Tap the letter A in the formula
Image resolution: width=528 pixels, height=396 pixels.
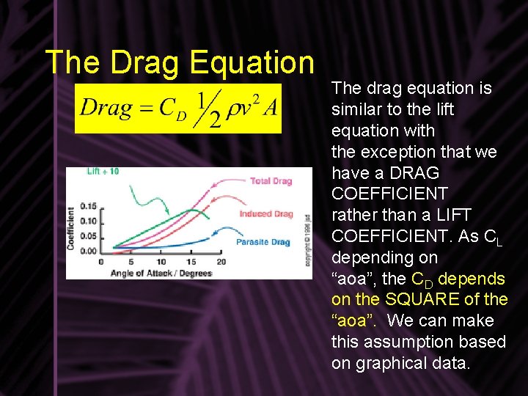click(x=271, y=108)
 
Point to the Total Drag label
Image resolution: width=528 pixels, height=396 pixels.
click(x=271, y=181)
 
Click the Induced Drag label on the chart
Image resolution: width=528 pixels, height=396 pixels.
click(x=265, y=214)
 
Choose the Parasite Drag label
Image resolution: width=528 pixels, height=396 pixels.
click(x=263, y=242)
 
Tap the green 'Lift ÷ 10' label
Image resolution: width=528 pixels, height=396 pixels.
click(x=103, y=172)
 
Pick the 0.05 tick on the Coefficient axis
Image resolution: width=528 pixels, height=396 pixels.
click(x=88, y=235)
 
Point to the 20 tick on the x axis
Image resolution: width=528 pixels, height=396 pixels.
click(x=221, y=262)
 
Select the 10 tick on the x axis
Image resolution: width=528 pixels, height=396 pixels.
click(x=161, y=262)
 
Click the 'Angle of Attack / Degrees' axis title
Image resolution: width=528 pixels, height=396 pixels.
click(x=161, y=273)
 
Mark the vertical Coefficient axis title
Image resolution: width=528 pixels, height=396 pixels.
click(x=72, y=227)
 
